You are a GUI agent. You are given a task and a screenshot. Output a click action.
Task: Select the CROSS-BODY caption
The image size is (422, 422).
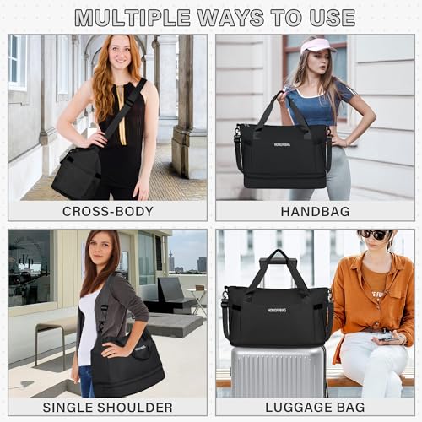point(107,211)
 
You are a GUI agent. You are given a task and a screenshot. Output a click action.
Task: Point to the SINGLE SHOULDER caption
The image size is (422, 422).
point(107,407)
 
